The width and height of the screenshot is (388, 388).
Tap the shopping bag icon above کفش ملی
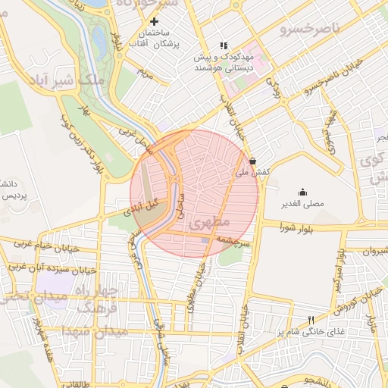[252, 161]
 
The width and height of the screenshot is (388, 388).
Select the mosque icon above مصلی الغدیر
[303, 192]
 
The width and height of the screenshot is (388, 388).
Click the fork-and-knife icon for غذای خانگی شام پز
[310, 320]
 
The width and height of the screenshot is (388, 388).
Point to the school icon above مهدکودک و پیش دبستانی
[223, 45]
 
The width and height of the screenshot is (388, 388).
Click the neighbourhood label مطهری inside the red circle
[211, 223]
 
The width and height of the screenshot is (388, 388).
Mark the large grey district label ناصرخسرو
[308, 30]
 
